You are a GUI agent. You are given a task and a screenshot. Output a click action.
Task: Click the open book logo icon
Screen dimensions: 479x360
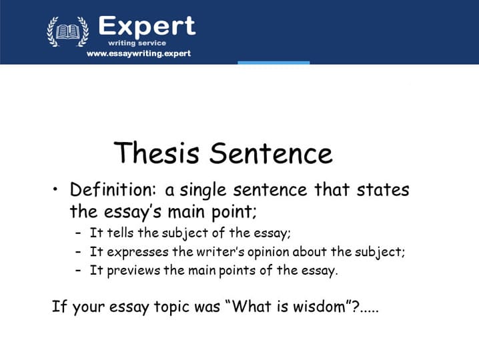(x=68, y=31)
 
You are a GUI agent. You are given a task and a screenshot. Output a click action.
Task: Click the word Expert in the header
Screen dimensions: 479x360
(x=147, y=27)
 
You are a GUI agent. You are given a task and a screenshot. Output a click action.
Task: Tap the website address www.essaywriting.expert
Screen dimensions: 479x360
(x=139, y=54)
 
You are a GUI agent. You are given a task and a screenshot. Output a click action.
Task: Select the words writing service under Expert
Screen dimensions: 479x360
(x=137, y=43)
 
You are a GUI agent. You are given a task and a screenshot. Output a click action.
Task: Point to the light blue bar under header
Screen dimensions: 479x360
(x=274, y=63)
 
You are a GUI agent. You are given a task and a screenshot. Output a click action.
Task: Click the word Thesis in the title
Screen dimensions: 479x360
(x=156, y=152)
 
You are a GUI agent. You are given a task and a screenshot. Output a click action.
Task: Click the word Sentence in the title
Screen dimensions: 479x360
(x=271, y=153)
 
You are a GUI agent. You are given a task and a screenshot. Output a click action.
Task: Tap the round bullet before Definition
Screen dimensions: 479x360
(x=55, y=189)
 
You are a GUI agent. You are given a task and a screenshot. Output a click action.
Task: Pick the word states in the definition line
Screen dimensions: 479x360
(x=383, y=189)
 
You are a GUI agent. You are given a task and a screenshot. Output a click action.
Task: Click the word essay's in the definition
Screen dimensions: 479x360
(x=133, y=212)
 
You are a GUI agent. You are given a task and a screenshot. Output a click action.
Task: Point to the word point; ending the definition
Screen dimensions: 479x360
(x=234, y=212)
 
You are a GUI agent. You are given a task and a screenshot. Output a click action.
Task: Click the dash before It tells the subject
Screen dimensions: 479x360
(x=79, y=233)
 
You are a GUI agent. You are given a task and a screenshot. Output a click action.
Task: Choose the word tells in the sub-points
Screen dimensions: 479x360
(x=120, y=233)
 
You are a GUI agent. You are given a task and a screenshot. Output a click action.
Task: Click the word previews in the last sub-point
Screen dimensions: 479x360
(x=133, y=271)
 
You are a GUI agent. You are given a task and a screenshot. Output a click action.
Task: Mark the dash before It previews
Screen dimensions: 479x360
(x=79, y=271)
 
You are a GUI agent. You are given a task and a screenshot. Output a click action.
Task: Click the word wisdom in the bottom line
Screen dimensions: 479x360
(x=320, y=306)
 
